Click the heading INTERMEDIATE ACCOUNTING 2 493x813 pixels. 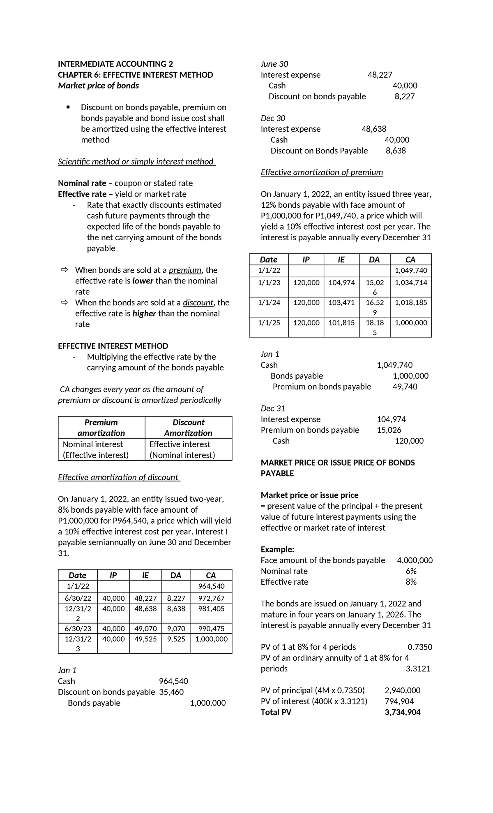point(115,64)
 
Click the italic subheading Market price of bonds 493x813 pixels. point(98,86)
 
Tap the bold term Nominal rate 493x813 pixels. point(82,183)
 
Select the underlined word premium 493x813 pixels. point(185,270)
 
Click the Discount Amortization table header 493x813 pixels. point(188,427)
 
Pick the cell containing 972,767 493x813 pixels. point(211,598)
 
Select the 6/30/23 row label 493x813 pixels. point(78,629)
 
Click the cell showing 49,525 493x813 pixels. point(145,639)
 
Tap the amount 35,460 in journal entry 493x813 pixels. point(171,692)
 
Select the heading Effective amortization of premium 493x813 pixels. point(322,172)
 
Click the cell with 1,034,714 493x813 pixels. point(411,283)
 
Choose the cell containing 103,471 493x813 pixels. point(341,302)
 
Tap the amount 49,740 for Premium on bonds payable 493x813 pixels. point(405,387)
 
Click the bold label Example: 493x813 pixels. point(277,550)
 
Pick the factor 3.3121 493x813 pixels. point(418,669)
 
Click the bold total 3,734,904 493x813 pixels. point(402,712)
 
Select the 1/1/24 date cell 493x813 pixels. point(269,302)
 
